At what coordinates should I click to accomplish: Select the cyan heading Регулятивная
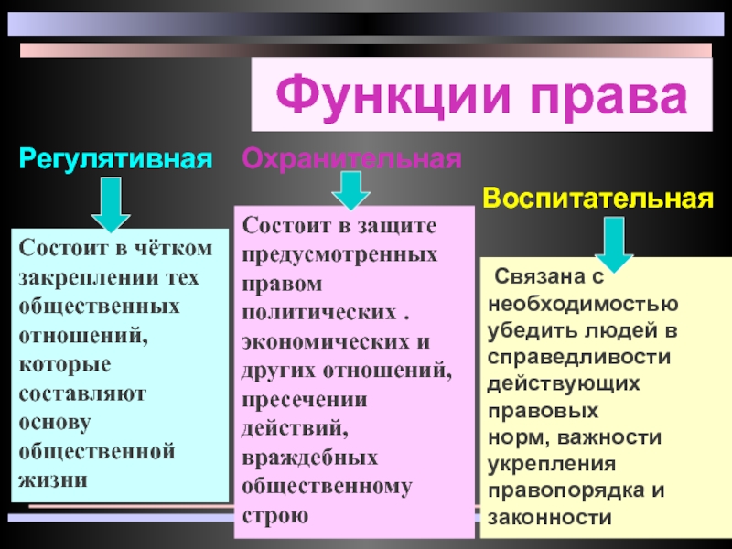tap(116, 159)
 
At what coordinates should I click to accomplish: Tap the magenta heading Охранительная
tap(351, 158)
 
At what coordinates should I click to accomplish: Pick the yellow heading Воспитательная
tap(598, 198)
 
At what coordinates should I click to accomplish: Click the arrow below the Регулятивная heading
tap(111, 204)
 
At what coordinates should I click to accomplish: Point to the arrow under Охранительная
tap(351, 190)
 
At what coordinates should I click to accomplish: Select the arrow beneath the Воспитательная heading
tap(614, 244)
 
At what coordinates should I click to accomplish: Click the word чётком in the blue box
tap(173, 247)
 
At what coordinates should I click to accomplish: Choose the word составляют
tap(82, 394)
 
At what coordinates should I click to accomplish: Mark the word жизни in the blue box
tap(53, 480)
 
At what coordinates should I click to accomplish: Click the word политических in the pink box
tap(318, 313)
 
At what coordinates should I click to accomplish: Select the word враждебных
tap(309, 457)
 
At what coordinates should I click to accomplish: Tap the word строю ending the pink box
tap(275, 516)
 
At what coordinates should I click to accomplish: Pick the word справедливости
tap(579, 358)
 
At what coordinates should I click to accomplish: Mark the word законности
tap(550, 518)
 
